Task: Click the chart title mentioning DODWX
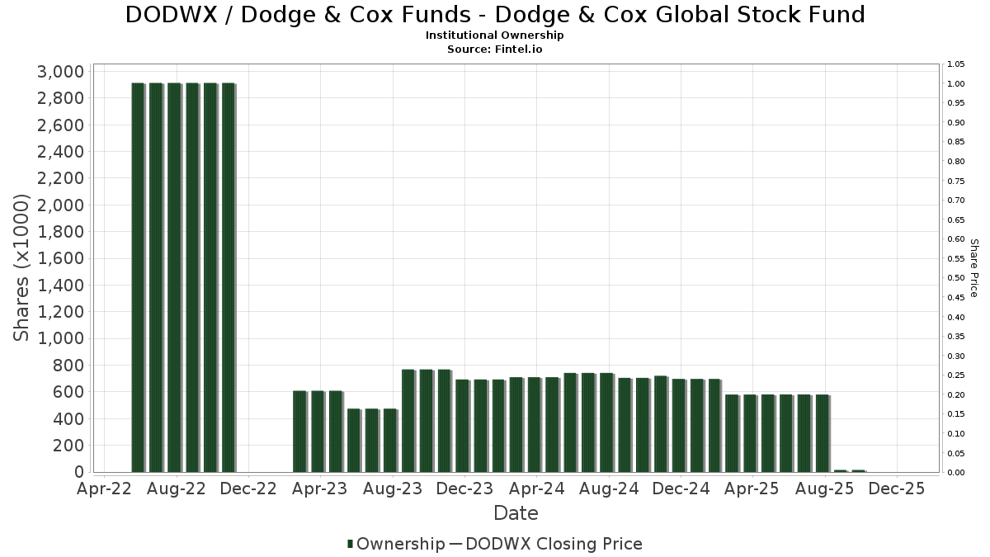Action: pos(495,15)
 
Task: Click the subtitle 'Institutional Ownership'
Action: pos(495,35)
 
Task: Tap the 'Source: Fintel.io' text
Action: pos(495,49)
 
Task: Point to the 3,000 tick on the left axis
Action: pos(60,72)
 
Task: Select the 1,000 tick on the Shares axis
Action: pos(60,338)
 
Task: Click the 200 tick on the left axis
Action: pos(67,446)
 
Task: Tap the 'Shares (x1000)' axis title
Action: pos(22,267)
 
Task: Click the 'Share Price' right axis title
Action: pos(973,267)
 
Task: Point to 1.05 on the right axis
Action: pos(956,64)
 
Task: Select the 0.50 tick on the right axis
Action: pos(956,278)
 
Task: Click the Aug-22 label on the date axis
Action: pos(177,489)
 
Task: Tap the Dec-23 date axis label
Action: pos(465,489)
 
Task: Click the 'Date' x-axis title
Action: pos(516,513)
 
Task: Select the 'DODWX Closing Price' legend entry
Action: pos(554,544)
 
